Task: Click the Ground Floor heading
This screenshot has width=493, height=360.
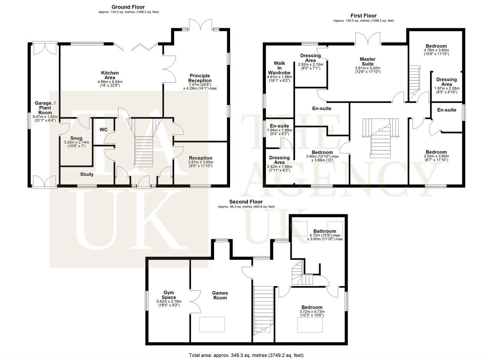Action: tap(128, 7)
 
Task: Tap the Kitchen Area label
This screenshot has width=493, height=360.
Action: tap(110, 75)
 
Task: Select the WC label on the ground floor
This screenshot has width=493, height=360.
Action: tap(104, 130)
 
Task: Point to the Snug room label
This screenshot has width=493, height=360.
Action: tap(76, 138)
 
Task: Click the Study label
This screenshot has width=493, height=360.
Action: tap(87, 174)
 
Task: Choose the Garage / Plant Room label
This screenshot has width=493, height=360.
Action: tap(45, 108)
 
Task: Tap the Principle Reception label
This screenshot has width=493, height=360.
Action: tap(200, 78)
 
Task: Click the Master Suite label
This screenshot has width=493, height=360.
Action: tap(368, 61)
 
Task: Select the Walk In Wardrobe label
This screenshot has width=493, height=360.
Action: tap(279, 68)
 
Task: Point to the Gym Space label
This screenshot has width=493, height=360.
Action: tap(169, 295)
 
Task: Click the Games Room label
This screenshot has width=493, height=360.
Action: tap(220, 295)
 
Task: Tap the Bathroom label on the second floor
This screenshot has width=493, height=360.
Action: tap(325, 231)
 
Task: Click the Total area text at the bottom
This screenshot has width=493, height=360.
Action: tap(246, 355)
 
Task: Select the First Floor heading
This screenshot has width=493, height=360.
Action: tap(364, 16)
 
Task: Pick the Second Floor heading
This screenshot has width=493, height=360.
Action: tap(246, 202)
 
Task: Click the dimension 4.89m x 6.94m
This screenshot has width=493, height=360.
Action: tap(110, 82)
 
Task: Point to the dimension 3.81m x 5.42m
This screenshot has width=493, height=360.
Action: tap(368, 68)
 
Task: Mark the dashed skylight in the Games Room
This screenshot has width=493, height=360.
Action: tap(212, 324)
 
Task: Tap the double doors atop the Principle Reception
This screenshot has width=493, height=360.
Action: tap(201, 25)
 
